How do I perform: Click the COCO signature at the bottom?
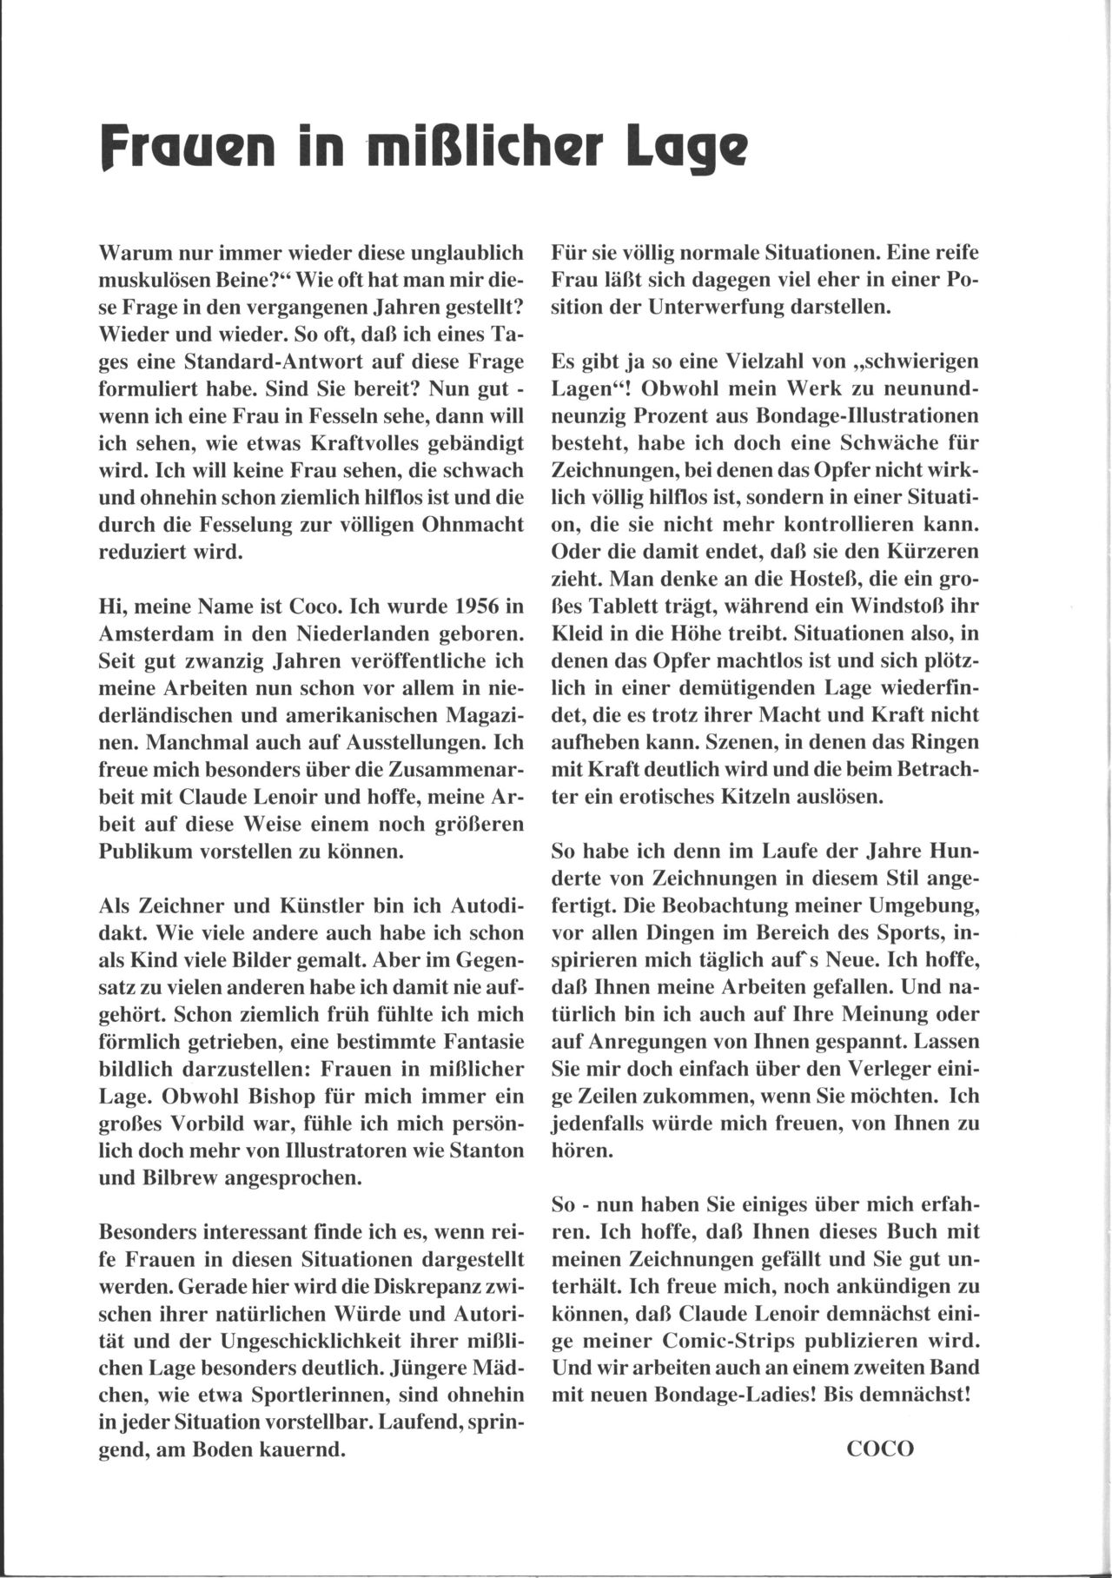click(880, 1449)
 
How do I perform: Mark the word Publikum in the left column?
click(140, 852)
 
